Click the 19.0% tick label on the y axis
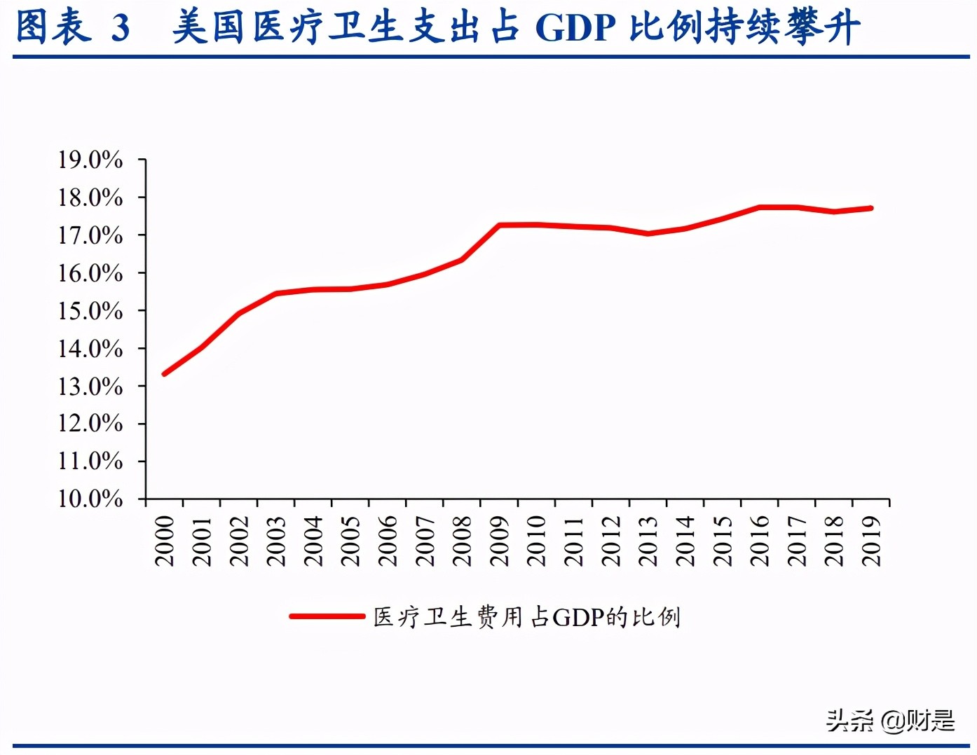coord(90,160)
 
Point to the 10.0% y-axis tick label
coord(90,499)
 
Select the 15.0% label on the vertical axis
coord(90,310)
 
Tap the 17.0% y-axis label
coord(90,235)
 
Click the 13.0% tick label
coord(90,386)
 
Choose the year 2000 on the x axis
coord(165,541)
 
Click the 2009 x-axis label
coord(499,541)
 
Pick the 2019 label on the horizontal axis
coord(871,541)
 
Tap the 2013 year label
coord(648,541)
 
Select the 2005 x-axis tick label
coord(350,541)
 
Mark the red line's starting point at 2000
coord(165,373)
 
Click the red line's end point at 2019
coord(871,208)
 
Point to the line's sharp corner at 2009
coord(499,226)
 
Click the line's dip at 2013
coord(648,233)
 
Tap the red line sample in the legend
coord(327,616)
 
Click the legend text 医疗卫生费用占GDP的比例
coord(526,617)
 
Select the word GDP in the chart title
coord(575,28)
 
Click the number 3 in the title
coord(121,28)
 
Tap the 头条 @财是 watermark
coord(890,720)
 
